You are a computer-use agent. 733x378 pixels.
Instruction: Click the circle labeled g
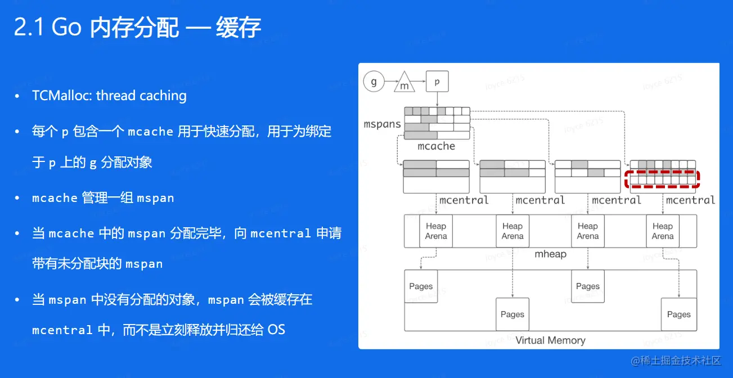tap(374, 82)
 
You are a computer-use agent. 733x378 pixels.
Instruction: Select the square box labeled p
tap(437, 82)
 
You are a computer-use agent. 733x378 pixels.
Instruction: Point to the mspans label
tap(383, 124)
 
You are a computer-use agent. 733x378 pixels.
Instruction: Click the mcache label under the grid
tap(436, 146)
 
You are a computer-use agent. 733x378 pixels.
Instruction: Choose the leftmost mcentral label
tap(464, 200)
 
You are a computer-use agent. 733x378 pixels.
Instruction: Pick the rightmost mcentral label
tap(690, 200)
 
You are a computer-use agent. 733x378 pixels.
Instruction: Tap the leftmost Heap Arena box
tap(436, 231)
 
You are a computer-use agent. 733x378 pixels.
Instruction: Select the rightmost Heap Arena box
tap(663, 231)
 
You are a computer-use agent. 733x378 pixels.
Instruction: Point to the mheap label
tap(550, 254)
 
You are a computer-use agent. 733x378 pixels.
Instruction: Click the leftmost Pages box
tap(421, 286)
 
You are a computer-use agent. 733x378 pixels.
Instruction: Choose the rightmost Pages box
tap(678, 314)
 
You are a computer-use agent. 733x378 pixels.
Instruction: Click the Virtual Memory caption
tap(550, 340)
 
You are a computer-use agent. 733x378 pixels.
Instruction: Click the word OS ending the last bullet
tap(276, 330)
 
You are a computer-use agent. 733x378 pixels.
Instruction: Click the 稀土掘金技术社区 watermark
tap(682, 361)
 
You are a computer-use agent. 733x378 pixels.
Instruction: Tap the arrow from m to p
tap(420, 82)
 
